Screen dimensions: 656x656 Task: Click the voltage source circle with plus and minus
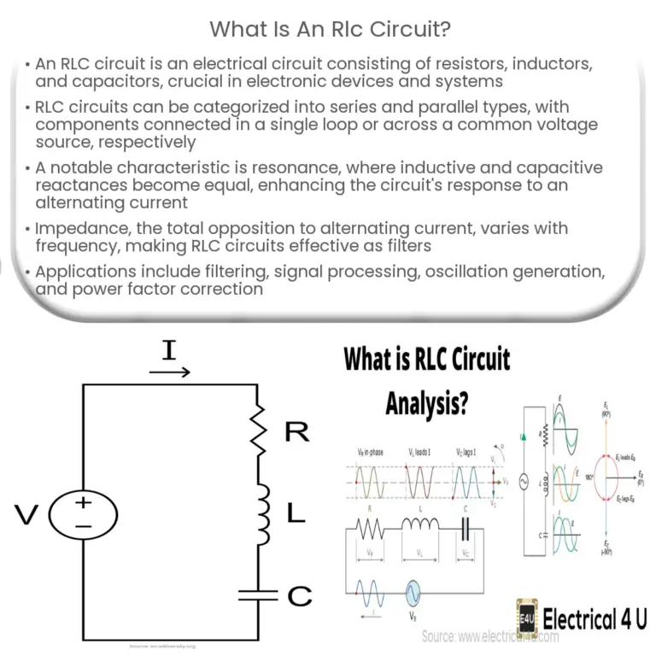(83, 513)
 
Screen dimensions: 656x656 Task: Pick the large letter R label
(296, 432)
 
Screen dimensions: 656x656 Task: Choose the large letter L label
(295, 513)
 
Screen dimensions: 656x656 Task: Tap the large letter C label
(299, 596)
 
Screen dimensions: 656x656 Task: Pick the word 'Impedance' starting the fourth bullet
(81, 229)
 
